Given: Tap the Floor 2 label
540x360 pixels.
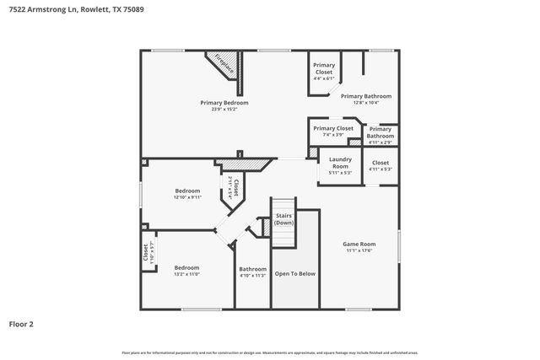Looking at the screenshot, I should pyautogui.click(x=21, y=323).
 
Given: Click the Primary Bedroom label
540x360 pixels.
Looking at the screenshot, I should pyautogui.click(x=224, y=103).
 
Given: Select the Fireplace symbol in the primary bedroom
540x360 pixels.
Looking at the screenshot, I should pyautogui.click(x=223, y=64).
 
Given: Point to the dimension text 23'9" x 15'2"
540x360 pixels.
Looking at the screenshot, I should pyautogui.click(x=224, y=109).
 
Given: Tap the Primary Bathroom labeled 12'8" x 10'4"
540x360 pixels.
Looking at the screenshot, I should pyautogui.click(x=365, y=99).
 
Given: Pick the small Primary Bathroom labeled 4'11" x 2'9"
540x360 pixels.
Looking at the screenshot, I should pyautogui.click(x=380, y=132).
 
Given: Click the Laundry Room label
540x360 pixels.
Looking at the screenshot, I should pyautogui.click(x=340, y=162).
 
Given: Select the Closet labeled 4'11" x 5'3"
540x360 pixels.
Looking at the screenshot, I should pyautogui.click(x=380, y=165).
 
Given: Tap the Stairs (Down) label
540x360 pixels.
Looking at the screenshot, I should pyautogui.click(x=283, y=219).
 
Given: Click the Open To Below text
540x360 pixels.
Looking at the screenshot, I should pyautogui.click(x=295, y=273).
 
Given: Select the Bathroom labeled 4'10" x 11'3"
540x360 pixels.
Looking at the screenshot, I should pyautogui.click(x=252, y=271).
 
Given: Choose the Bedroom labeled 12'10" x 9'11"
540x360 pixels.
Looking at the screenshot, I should pyautogui.click(x=187, y=193).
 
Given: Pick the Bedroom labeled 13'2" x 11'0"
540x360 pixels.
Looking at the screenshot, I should pyautogui.click(x=186, y=271).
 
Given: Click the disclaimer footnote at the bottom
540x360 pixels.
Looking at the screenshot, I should pyautogui.click(x=270, y=352).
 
